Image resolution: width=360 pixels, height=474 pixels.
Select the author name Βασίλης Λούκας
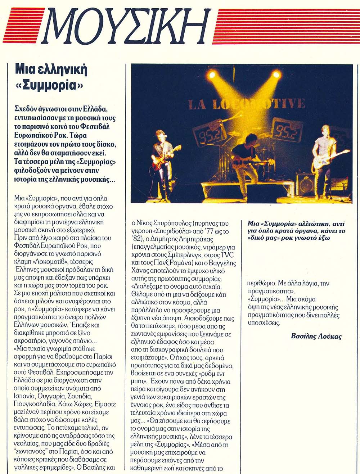[316, 337]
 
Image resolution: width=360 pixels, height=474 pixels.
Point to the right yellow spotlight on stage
[276, 75]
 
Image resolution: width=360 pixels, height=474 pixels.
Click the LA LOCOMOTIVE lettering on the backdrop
[247, 104]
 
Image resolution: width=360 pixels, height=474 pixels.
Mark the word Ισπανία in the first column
[26, 396]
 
